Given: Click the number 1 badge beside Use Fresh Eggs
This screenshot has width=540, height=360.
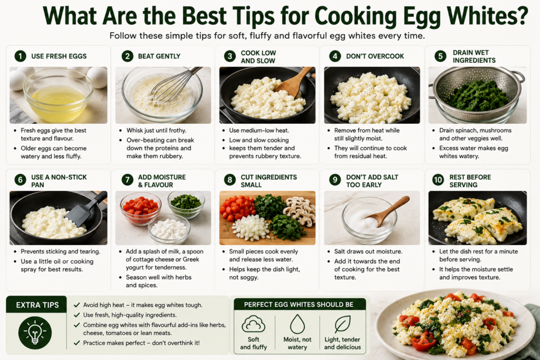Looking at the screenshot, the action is (x=21, y=56).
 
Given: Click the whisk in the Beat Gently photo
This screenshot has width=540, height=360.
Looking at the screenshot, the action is (x=176, y=84).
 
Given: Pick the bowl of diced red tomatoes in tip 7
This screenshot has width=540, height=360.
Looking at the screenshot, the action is (x=140, y=208).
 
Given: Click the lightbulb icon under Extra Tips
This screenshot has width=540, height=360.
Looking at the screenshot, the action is (x=35, y=333).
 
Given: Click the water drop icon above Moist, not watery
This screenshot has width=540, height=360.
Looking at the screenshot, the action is (x=297, y=324).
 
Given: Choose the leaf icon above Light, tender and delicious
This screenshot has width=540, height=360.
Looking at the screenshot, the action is (x=342, y=324).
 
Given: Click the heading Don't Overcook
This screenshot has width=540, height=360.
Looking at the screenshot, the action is (x=375, y=56).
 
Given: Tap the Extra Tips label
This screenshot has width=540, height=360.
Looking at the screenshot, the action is (x=37, y=305).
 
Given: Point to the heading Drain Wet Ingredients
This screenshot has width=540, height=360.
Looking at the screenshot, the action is (x=474, y=56).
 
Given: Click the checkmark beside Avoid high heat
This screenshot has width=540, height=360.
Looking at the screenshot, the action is (x=77, y=305).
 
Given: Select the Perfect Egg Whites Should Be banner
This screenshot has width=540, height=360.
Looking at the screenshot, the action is (x=298, y=304).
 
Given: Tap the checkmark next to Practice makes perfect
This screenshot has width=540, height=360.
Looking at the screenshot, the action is (x=77, y=343).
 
